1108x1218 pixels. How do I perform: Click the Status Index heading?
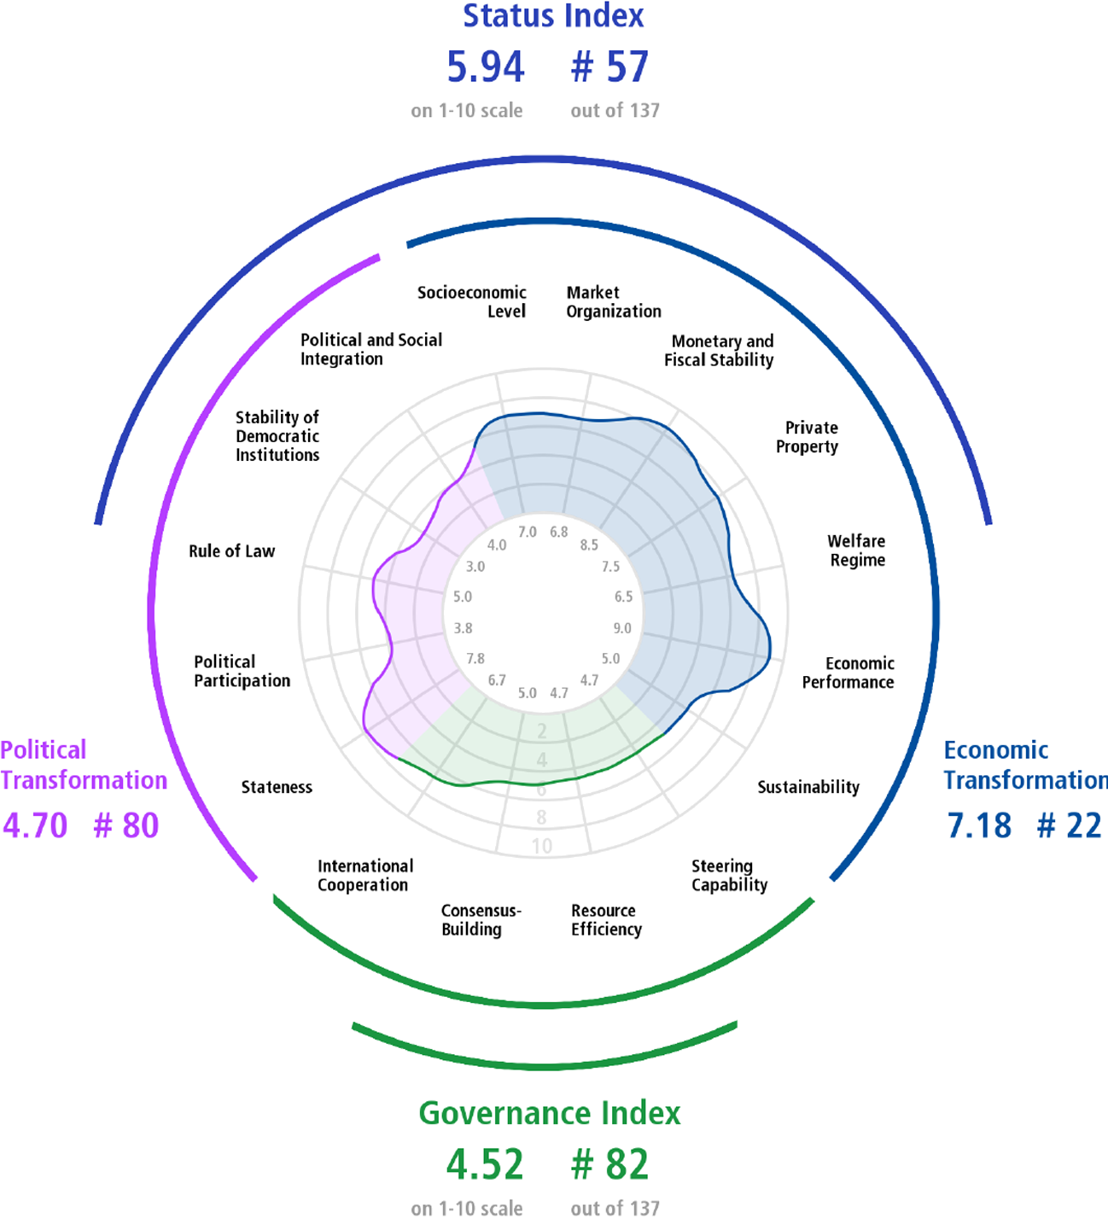click(553, 15)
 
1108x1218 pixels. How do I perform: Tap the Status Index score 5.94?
click(486, 67)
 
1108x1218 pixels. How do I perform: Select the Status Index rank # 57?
click(609, 67)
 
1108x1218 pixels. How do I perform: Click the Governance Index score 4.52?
click(485, 1164)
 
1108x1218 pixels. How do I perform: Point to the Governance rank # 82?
click(609, 1164)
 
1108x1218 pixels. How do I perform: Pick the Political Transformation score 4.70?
click(35, 825)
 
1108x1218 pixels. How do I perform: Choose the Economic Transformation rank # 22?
click(1069, 825)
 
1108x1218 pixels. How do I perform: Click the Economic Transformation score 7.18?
click(979, 825)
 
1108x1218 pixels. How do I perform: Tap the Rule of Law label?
click(231, 551)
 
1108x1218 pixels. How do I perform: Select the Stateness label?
click(277, 787)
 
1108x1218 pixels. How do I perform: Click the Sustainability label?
click(808, 787)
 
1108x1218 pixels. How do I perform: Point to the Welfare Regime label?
click(856, 550)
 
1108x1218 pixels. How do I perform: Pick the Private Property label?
click(808, 437)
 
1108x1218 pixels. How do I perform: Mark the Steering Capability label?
click(730, 876)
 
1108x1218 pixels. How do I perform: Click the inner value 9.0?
click(622, 628)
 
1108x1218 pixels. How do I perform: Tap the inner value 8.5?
click(589, 545)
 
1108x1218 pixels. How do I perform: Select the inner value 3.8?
click(463, 628)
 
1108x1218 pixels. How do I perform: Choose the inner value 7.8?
click(475, 658)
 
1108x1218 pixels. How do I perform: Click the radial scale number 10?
click(542, 846)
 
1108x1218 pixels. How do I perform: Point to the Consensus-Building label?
click(481, 919)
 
